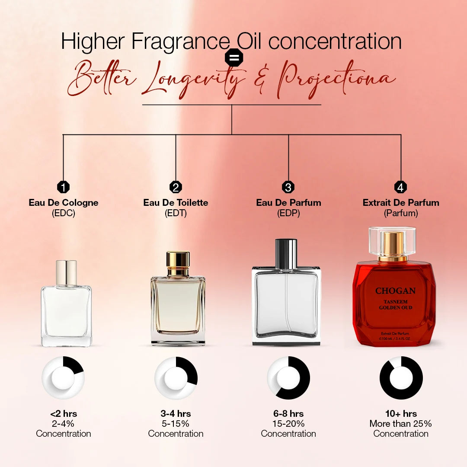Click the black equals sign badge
(x=234, y=58)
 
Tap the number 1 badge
(x=64, y=187)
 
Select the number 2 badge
(x=176, y=187)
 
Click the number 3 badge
(x=288, y=187)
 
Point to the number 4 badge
(x=401, y=187)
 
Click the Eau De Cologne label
(x=64, y=202)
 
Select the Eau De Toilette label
(x=176, y=202)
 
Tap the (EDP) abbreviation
(x=288, y=213)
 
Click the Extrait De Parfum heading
(x=401, y=202)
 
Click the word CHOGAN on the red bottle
(x=395, y=291)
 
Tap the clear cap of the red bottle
(x=392, y=240)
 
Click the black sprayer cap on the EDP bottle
(x=286, y=253)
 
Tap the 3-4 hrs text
(x=176, y=414)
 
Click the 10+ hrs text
(x=401, y=414)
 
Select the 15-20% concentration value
(x=288, y=424)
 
